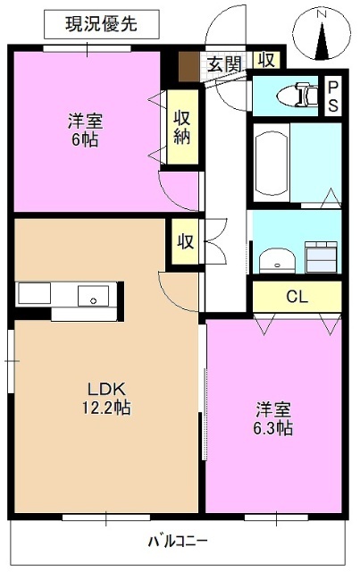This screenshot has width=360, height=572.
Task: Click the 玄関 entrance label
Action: tap(224, 63)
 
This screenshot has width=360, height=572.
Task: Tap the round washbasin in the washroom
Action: tap(276, 260)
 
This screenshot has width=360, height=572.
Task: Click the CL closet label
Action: tap(297, 297)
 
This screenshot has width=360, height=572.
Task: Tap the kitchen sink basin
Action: tap(92, 295)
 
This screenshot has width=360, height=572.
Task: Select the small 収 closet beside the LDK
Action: tap(185, 241)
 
